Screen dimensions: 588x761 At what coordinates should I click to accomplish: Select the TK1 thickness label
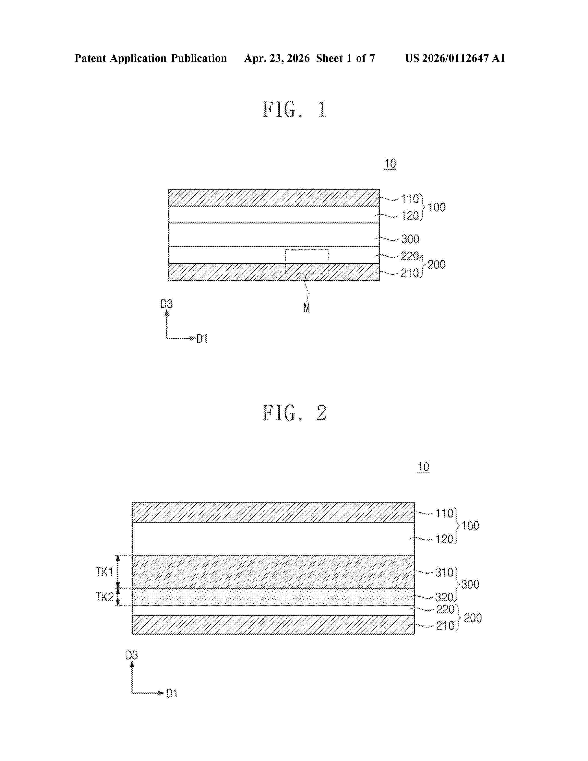pos(104,572)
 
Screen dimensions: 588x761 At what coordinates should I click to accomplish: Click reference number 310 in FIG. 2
pos(444,572)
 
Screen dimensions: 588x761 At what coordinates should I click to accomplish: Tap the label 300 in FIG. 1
pos(410,239)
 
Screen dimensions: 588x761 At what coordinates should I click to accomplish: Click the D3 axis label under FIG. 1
pos(166,304)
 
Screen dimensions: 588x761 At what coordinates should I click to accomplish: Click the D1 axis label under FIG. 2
pos(172,693)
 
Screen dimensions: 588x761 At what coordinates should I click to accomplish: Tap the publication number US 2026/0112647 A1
pos(455,58)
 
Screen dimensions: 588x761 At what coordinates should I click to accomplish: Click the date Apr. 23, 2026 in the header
pos(277,58)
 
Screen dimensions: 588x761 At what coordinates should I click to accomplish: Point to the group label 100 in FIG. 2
pos(470,526)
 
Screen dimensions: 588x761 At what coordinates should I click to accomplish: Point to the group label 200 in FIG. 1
pos(437,265)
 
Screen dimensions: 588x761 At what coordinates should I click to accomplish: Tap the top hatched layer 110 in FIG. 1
pos(274,198)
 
